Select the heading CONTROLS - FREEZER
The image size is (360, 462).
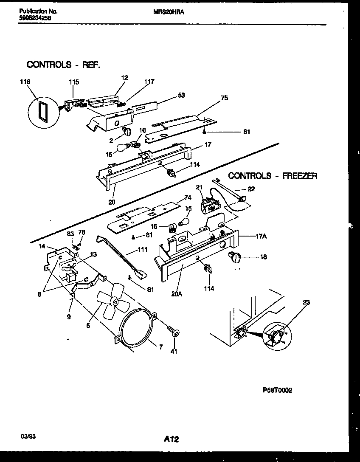coord(273,176)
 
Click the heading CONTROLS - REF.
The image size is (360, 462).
coord(63,65)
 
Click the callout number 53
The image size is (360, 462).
coord(181,96)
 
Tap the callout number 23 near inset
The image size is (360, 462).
coord(307,303)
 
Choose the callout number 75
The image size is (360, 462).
coord(225,98)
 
